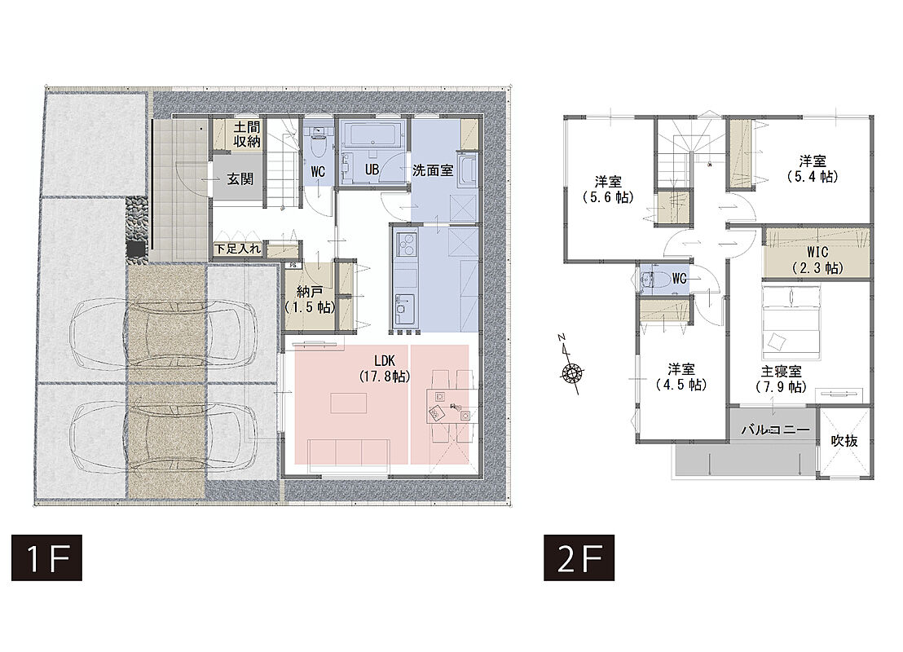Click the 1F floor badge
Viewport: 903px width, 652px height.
pyautogui.click(x=46, y=557)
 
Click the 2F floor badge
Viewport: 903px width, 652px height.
pyautogui.click(x=579, y=557)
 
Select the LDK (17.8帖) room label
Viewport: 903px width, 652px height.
pyautogui.click(x=384, y=368)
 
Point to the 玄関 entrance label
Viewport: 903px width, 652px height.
pyautogui.click(x=240, y=178)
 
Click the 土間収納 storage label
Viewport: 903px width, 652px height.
pyautogui.click(x=246, y=134)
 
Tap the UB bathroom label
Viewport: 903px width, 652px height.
pyautogui.click(x=372, y=170)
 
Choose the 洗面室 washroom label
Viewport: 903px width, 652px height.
pyautogui.click(x=433, y=170)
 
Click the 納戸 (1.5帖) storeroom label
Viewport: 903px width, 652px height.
pyautogui.click(x=310, y=299)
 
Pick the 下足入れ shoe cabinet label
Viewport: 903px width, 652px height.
pyautogui.click(x=237, y=249)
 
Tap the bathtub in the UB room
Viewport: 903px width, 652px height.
pyautogui.click(x=372, y=134)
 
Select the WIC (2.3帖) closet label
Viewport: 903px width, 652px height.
pyautogui.click(x=817, y=260)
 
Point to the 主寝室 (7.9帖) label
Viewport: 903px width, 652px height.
pyautogui.click(x=781, y=379)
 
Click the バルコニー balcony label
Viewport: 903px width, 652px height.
pyautogui.click(x=775, y=430)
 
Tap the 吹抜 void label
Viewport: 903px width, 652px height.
pyautogui.click(x=844, y=441)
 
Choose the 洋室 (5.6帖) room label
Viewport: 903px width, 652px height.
pyautogui.click(x=608, y=190)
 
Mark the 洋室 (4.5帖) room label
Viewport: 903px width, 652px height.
pyautogui.click(x=681, y=377)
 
